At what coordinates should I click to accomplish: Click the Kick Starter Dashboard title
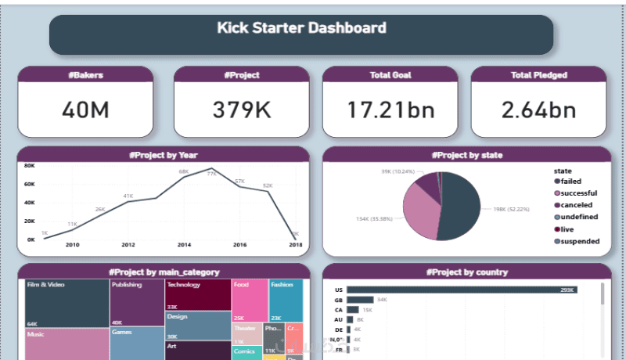(301, 28)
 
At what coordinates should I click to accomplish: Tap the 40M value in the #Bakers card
(85, 110)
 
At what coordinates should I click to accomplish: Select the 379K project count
(237, 110)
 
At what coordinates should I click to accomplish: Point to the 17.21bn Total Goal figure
(390, 110)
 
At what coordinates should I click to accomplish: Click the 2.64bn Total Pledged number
(538, 110)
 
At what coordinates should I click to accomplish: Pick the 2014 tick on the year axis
(184, 245)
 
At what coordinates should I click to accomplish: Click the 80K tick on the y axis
(29, 167)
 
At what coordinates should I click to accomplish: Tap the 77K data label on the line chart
(211, 175)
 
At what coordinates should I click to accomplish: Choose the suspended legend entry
(579, 241)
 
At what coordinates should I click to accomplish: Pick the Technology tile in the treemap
(197, 295)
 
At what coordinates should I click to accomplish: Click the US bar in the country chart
(462, 290)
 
